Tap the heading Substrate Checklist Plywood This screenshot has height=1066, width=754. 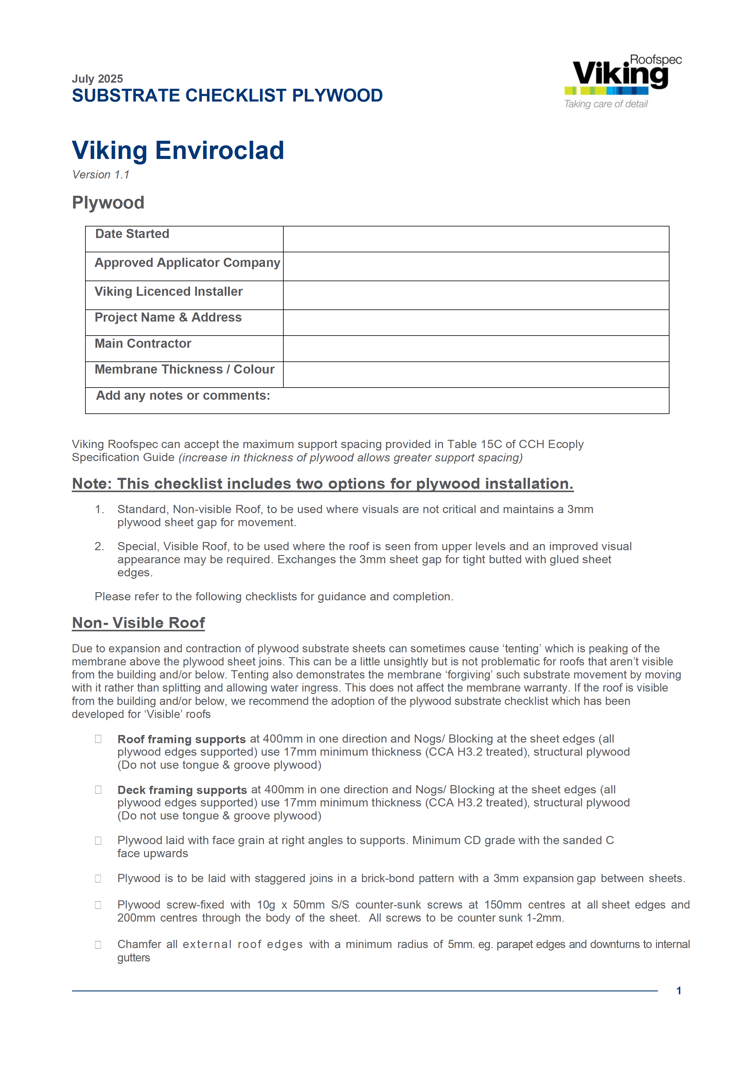227,96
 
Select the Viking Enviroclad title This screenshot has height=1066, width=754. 178,150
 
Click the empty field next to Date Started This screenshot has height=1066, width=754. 476,239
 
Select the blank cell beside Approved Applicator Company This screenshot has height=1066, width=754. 476,267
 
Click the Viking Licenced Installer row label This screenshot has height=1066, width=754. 168,292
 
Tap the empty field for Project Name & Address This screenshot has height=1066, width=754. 476,323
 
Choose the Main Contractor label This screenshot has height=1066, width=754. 143,343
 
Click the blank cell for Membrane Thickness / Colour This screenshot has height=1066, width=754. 476,375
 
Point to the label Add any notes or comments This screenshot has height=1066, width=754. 183,395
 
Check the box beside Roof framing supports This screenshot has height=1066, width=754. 98,739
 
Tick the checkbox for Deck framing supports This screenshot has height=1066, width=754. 98,790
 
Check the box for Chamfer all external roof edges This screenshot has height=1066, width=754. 98,945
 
